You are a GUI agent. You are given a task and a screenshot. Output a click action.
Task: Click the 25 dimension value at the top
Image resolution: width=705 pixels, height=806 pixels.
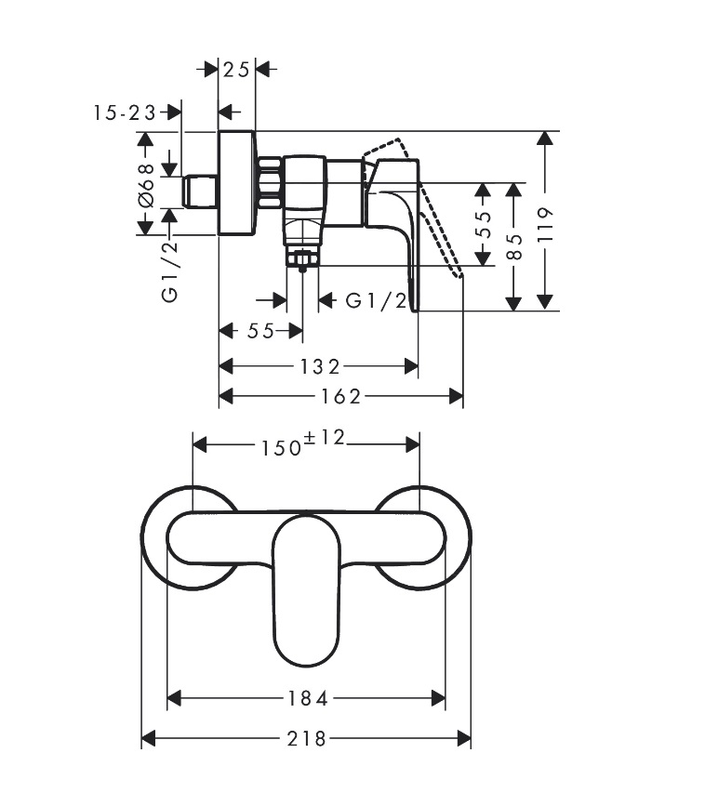point(238,69)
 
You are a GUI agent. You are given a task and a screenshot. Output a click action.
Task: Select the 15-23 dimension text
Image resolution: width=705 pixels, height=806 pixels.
point(125,112)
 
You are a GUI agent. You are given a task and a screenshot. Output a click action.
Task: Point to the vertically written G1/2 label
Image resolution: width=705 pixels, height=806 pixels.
point(169,271)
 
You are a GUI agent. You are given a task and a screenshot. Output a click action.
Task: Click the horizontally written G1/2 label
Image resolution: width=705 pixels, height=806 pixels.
point(376,300)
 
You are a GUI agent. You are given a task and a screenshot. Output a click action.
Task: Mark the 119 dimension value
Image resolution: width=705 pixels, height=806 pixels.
point(546,224)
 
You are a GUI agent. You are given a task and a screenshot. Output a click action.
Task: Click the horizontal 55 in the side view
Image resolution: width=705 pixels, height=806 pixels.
point(261,331)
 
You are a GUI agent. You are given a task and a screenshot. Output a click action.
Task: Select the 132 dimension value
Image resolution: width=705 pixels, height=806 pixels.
point(319,366)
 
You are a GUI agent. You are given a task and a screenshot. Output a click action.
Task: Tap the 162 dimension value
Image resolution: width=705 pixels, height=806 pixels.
point(340,396)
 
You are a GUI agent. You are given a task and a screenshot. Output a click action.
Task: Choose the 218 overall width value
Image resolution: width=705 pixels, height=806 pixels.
point(307,739)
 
